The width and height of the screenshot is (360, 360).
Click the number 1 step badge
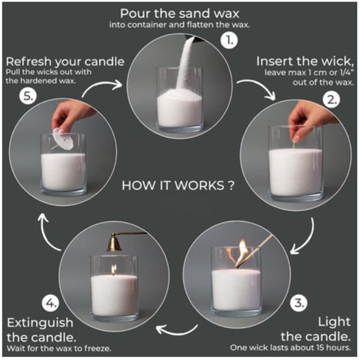point(229,40)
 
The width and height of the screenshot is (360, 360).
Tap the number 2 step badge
point(331,100)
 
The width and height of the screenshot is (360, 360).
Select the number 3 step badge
point(298,303)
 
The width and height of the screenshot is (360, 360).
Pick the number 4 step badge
point(51,304)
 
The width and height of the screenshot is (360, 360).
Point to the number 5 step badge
point(28,96)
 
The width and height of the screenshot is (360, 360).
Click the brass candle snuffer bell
point(114,243)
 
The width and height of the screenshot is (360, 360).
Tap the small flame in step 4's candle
point(114,269)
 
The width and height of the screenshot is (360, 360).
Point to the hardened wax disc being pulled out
point(63,139)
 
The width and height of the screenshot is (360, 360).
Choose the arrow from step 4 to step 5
point(46,232)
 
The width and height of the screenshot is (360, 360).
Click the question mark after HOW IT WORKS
point(231,185)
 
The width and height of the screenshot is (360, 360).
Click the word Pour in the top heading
point(135,13)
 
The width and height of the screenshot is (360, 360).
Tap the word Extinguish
point(40,322)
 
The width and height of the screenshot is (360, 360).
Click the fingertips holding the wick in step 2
point(297,138)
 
